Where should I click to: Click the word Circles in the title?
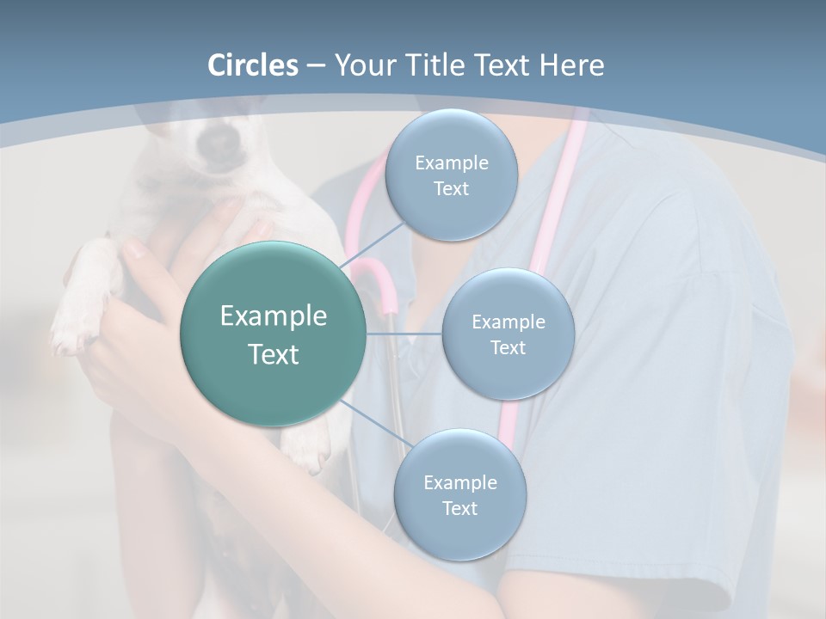coord(252,65)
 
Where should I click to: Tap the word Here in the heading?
coord(571,65)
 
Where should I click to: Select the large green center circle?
coord(273,334)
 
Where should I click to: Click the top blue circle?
coord(451,175)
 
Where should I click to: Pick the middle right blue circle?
coord(508,334)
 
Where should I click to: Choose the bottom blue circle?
coord(459,495)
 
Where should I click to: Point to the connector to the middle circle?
coord(404,334)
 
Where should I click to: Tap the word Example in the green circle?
coord(273,316)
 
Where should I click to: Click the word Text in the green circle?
coord(273,354)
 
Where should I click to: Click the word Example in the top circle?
coord(451,163)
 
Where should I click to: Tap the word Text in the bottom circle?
coord(459,508)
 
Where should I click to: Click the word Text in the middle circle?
coord(508,347)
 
